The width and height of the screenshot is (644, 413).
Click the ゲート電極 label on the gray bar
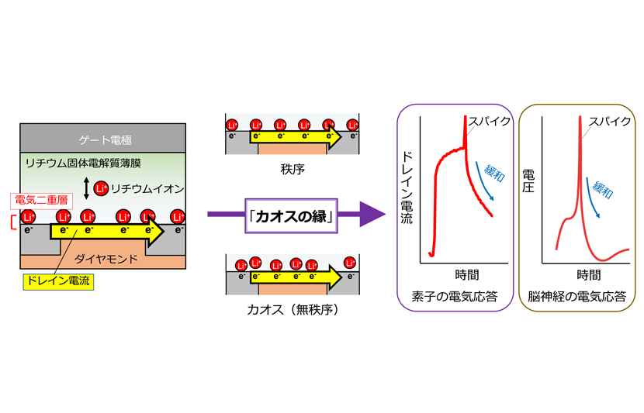106,141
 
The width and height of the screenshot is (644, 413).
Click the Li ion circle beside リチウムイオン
100,188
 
